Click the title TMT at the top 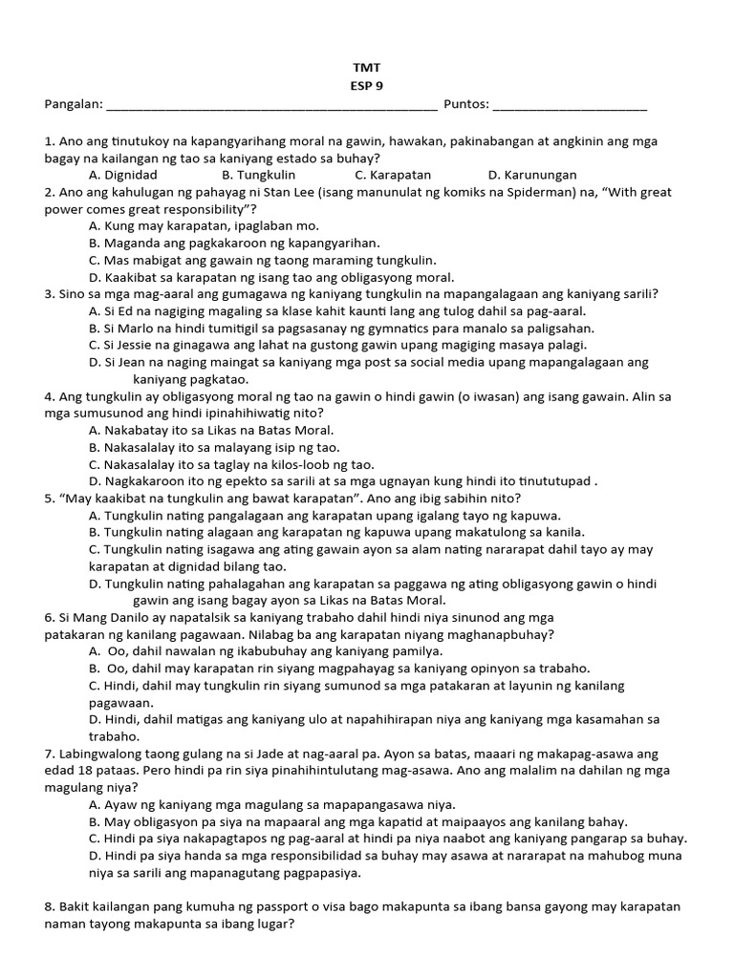tap(366, 68)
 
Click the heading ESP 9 tap(366, 85)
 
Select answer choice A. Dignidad tap(122, 175)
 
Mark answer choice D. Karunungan tap(532, 175)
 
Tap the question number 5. tap(49, 498)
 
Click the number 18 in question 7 tap(84, 770)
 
